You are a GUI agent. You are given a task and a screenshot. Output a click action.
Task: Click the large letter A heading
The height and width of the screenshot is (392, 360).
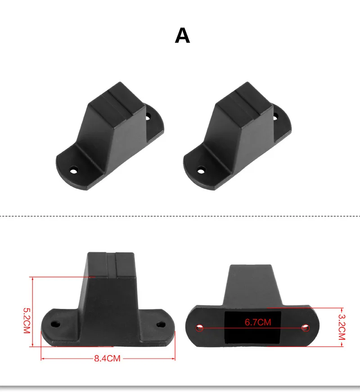(182, 36)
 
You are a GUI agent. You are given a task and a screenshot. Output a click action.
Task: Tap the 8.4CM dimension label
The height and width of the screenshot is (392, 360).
(107, 358)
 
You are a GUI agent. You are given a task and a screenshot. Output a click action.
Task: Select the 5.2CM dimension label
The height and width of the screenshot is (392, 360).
(27, 321)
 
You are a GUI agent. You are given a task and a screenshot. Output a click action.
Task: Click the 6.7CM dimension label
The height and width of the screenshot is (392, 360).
(258, 322)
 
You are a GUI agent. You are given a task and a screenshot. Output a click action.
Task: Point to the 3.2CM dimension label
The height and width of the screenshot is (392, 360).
(342, 327)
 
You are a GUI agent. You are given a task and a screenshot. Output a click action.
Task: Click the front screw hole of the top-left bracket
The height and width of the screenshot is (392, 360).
(73, 171)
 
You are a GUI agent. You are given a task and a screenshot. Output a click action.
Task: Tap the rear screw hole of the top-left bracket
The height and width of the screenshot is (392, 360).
(148, 117)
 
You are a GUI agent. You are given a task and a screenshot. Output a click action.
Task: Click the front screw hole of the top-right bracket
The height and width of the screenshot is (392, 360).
(201, 171)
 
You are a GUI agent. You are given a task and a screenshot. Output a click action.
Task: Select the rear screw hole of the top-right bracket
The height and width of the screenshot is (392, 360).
(275, 117)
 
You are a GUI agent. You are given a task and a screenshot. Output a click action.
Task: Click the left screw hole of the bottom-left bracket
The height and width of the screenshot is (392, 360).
(55, 324)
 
